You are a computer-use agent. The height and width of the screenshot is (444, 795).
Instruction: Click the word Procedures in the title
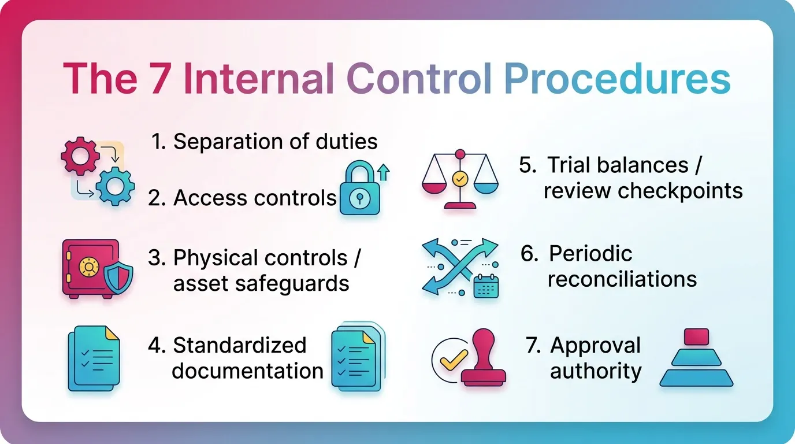click(x=617, y=80)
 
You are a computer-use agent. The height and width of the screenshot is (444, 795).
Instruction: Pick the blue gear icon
click(x=115, y=187)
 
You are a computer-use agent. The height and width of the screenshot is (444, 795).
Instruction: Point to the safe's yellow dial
click(x=88, y=267)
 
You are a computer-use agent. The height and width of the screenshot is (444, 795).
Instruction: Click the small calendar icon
click(x=486, y=286)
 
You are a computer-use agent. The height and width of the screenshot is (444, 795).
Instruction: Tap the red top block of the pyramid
click(x=696, y=336)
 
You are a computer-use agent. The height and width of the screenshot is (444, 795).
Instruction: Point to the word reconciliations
click(x=622, y=279)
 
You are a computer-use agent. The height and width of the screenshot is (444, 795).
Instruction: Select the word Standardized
click(x=239, y=345)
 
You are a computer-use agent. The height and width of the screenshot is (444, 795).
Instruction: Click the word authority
click(x=596, y=371)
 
